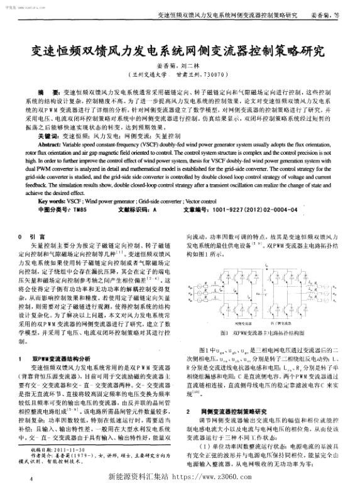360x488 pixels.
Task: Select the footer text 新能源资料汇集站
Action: tap(140, 477)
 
